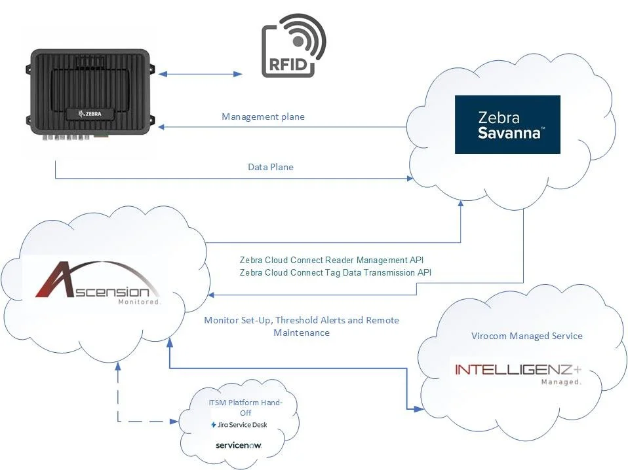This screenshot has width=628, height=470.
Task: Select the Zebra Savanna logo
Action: pyautogui.click(x=507, y=124)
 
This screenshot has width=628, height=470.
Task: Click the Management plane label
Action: pyautogui.click(x=263, y=117)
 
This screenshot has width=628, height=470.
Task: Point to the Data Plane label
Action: pyautogui.click(x=270, y=168)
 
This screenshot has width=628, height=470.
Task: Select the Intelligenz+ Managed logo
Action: pyautogui.click(x=518, y=372)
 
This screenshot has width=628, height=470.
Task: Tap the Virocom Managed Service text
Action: pyautogui.click(x=526, y=336)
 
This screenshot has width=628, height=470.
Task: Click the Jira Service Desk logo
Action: pyautogui.click(x=239, y=425)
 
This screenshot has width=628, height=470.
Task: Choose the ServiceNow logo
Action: pyautogui.click(x=239, y=445)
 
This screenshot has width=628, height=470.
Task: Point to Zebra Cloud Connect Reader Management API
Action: pyautogui.click(x=336, y=260)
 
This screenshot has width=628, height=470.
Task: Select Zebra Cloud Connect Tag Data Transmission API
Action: pyautogui.click(x=336, y=272)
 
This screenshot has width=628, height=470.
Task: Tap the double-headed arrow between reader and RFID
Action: pyautogui.click(x=201, y=75)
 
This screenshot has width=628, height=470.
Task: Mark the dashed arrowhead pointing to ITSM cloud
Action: pyautogui.click(x=178, y=421)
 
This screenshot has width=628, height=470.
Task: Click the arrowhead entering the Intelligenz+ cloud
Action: pyautogui.click(x=418, y=409)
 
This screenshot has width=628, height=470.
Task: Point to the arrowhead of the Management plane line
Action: pyautogui.click(x=162, y=127)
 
